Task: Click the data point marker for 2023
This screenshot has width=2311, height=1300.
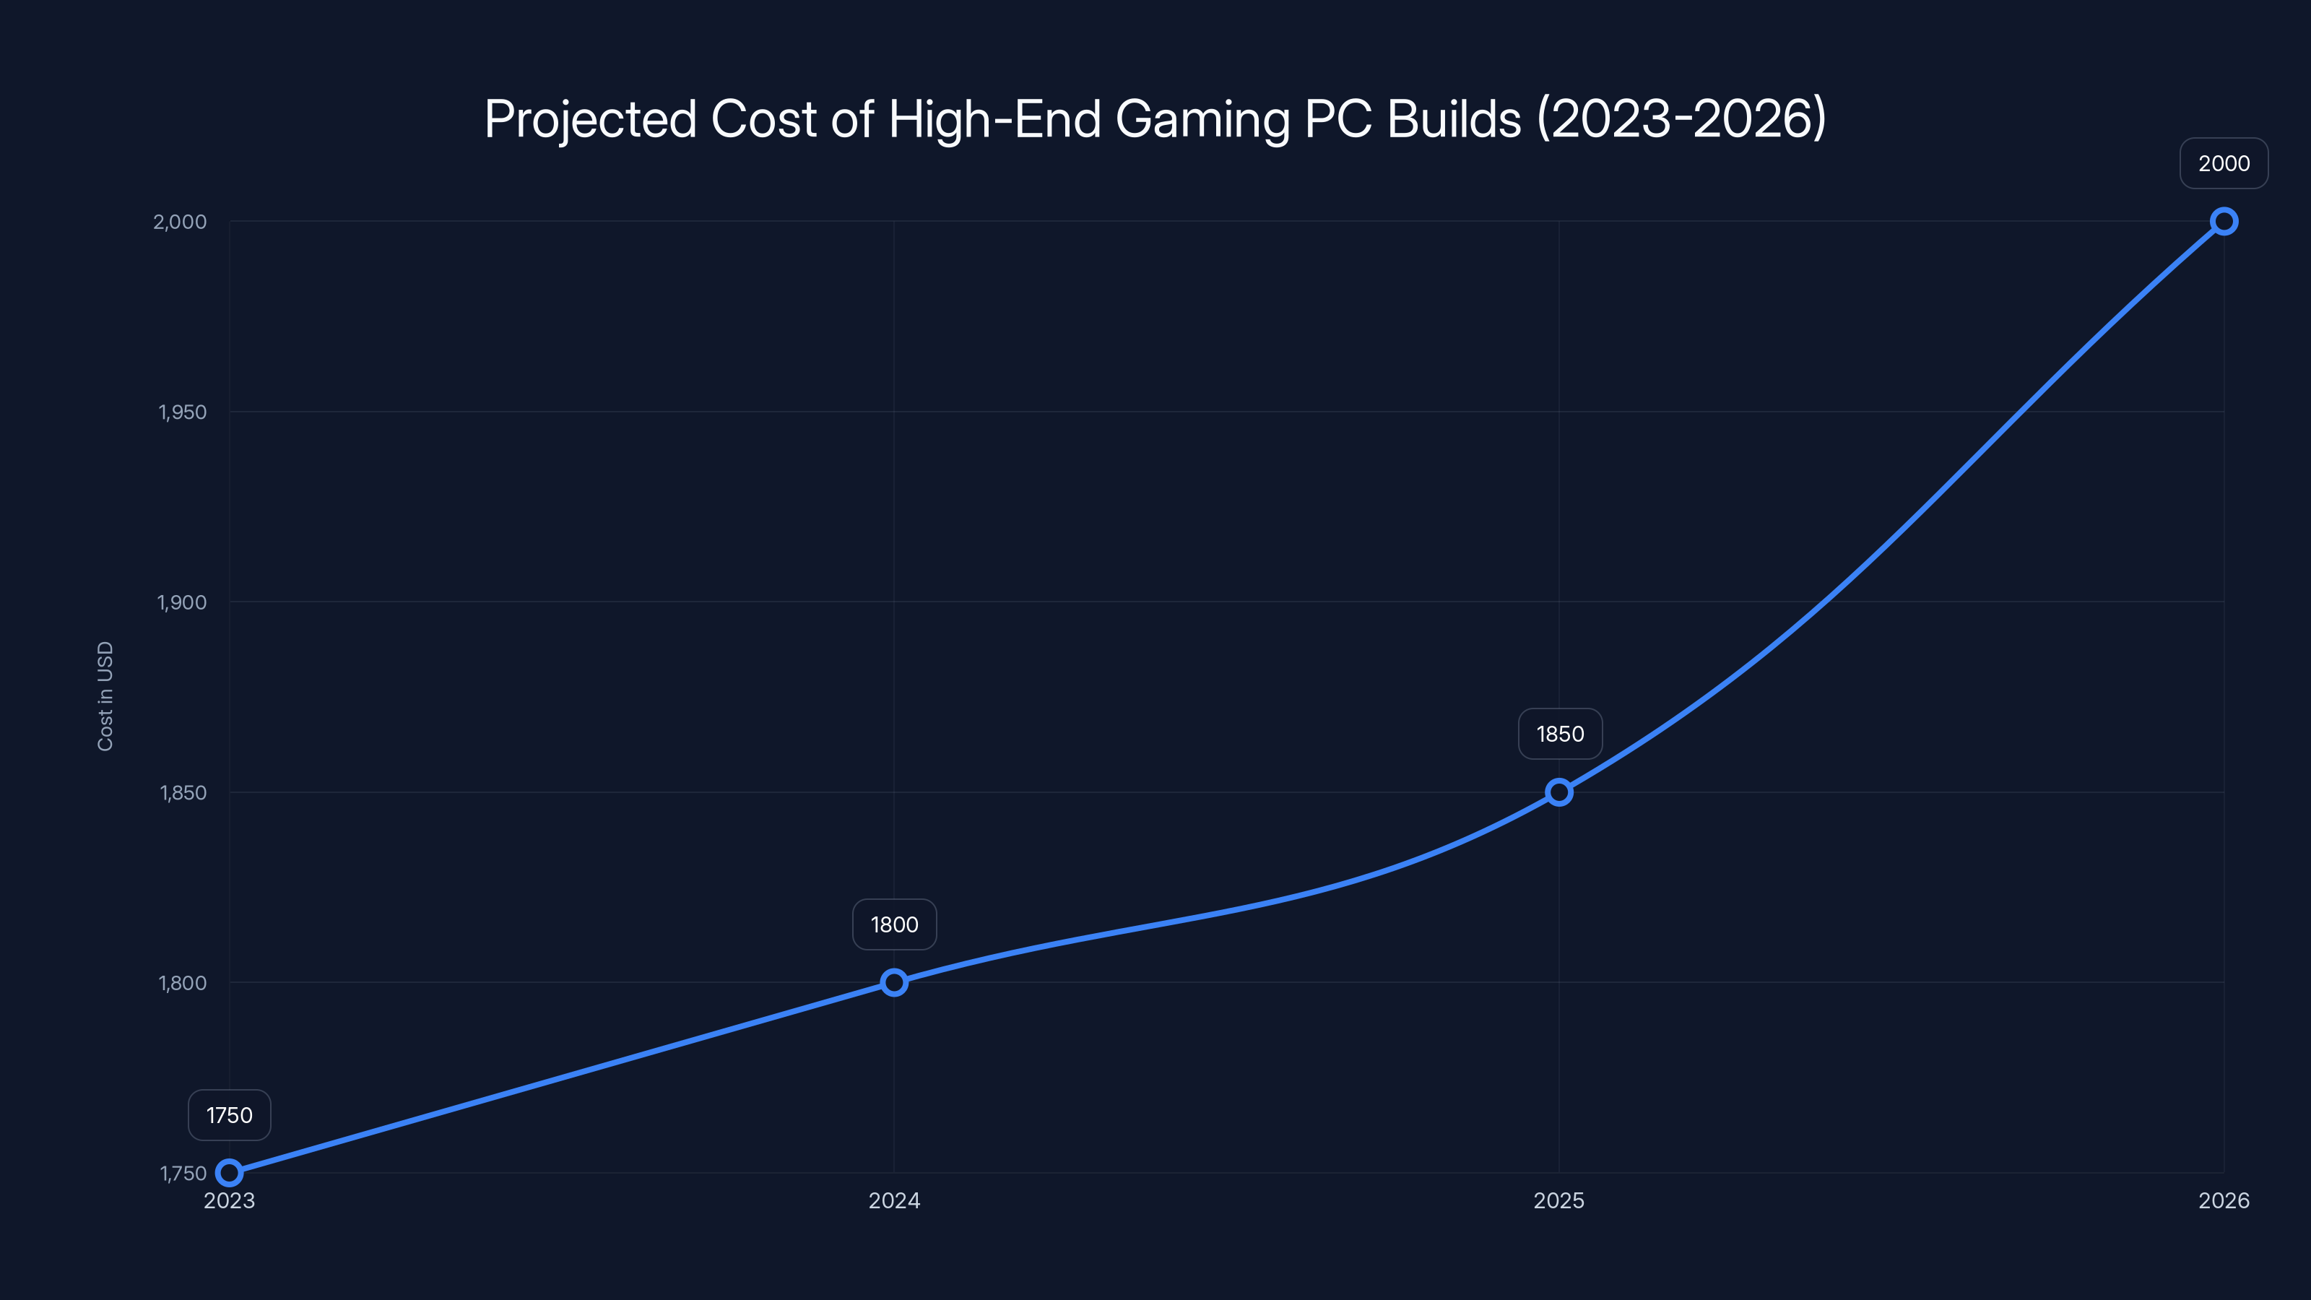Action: [230, 1173]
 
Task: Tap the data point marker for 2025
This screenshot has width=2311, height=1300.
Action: [1559, 792]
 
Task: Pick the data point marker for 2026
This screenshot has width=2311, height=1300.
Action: [2224, 222]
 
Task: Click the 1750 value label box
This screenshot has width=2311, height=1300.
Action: [230, 1115]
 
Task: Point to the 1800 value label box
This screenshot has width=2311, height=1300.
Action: [895, 925]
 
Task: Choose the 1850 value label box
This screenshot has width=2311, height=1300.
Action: [1560, 734]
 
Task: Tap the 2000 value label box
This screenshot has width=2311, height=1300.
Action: [2224, 163]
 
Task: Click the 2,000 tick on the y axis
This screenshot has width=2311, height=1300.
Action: [181, 222]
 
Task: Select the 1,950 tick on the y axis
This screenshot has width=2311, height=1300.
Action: [182, 412]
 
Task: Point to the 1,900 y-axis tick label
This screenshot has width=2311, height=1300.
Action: [182, 602]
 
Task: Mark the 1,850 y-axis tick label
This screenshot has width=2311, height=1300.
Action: [183, 792]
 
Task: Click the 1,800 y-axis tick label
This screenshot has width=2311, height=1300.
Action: [183, 982]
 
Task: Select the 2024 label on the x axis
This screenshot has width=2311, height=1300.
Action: [895, 1200]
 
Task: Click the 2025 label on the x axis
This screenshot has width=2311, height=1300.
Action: [1559, 1200]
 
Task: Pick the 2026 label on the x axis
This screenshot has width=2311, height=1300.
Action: [2224, 1200]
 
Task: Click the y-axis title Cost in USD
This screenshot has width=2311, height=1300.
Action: [105, 696]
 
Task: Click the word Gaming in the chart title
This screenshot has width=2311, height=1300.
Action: [1202, 119]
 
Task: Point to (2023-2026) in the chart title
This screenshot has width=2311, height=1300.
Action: [1681, 119]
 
